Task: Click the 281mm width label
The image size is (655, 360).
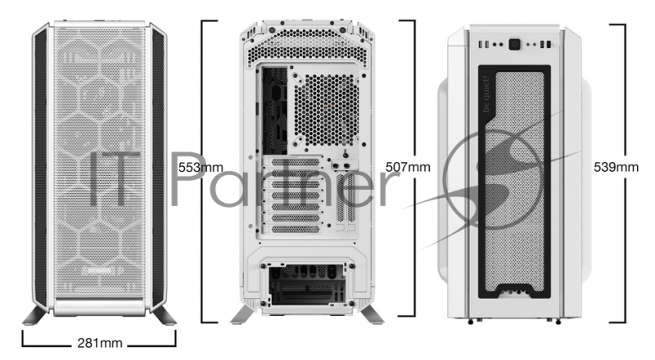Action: click(x=100, y=344)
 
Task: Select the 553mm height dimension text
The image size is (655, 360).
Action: click(x=201, y=168)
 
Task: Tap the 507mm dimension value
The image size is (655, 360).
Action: click(x=408, y=167)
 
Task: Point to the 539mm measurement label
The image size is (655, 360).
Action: click(x=617, y=167)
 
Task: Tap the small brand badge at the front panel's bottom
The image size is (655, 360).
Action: click(x=101, y=270)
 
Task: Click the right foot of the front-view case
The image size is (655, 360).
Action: click(x=165, y=315)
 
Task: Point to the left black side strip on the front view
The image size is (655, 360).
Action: click(x=41, y=168)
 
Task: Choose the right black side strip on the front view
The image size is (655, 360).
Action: click(x=158, y=168)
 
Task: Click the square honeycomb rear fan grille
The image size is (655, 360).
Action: click(x=326, y=110)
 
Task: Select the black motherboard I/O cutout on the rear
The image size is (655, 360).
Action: click(x=275, y=110)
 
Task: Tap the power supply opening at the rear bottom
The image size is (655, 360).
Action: click(x=307, y=286)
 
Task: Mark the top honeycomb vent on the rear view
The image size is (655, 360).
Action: click(x=308, y=47)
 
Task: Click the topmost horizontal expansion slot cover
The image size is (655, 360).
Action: click(x=295, y=162)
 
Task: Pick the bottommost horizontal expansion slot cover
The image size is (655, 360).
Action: click(x=295, y=229)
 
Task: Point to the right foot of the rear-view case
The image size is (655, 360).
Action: click(x=372, y=315)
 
